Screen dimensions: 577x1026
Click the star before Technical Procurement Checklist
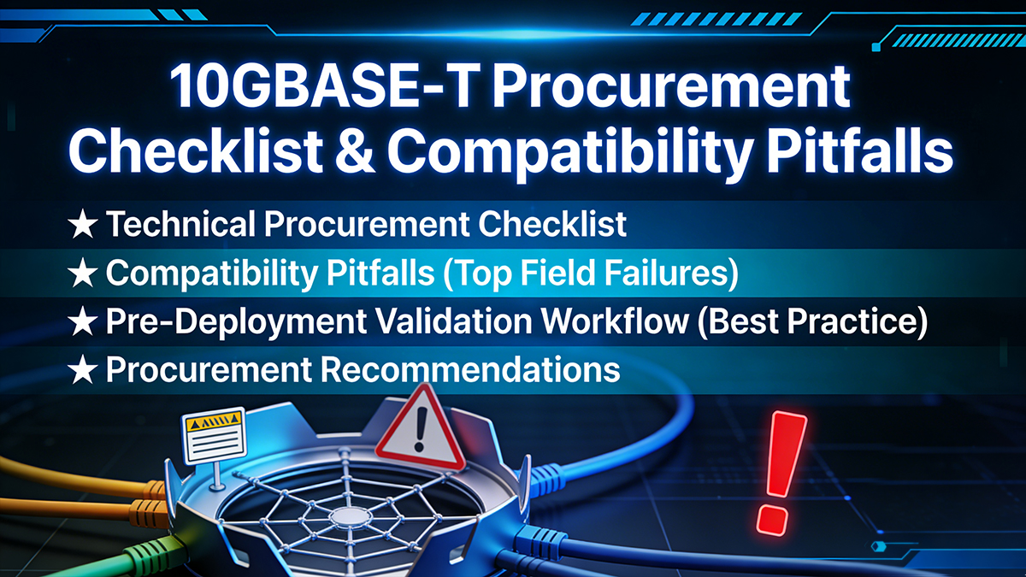(x=82, y=225)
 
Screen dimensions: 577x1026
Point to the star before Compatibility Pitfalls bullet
(x=82, y=274)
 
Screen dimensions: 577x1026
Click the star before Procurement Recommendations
(x=82, y=371)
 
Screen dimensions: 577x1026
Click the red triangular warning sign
(x=417, y=427)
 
